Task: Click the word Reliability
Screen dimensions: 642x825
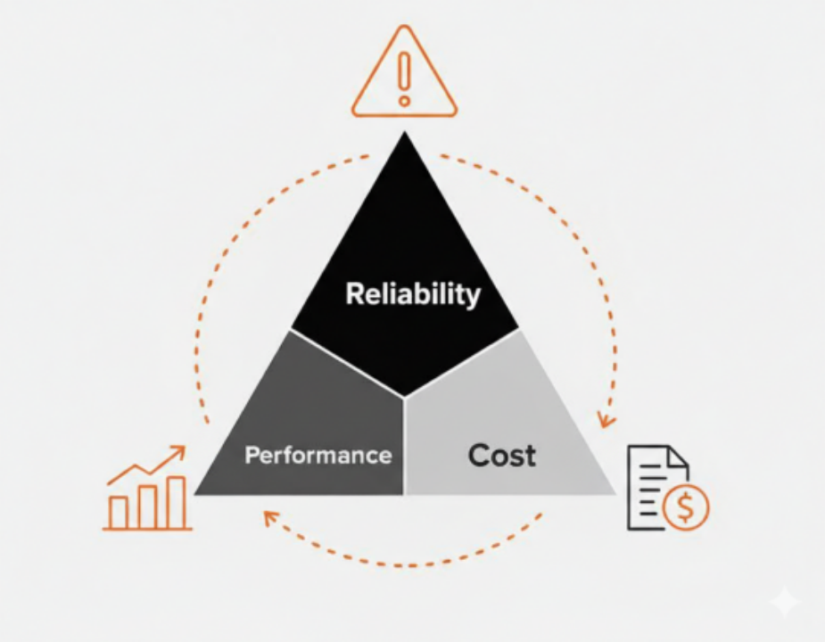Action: (412, 294)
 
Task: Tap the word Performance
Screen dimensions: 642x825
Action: (318, 456)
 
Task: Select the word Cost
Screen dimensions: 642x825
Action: (502, 456)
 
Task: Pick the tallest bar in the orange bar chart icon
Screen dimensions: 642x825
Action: (177, 502)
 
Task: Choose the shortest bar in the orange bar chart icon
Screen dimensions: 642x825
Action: (119, 512)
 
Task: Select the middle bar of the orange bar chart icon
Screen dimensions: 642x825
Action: (147, 506)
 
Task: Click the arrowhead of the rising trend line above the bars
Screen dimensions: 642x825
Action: (180, 451)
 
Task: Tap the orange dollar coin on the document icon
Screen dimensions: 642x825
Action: (686, 508)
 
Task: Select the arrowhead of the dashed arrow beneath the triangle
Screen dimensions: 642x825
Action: (269, 515)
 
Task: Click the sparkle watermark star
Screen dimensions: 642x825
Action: (784, 603)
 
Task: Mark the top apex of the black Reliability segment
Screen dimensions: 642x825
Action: (405, 136)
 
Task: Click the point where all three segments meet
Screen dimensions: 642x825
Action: (405, 397)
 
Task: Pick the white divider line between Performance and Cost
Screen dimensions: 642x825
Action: (405, 446)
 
